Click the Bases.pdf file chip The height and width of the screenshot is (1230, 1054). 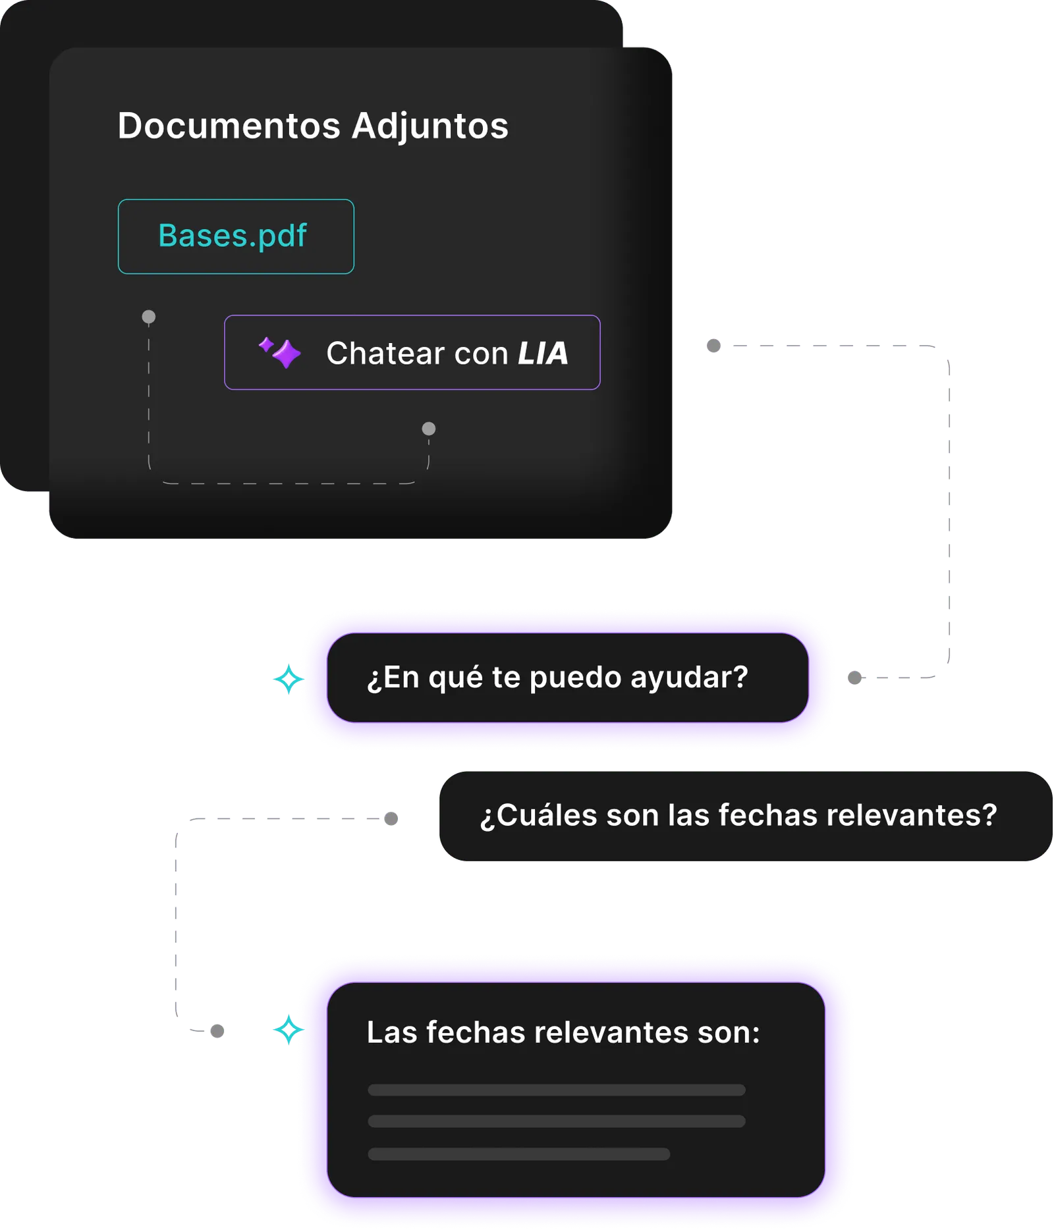(236, 236)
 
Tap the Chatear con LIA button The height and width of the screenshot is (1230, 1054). (412, 353)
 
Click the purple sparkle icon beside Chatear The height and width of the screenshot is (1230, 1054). (281, 352)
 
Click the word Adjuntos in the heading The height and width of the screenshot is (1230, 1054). (430, 126)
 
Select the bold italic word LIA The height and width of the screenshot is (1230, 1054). (543, 354)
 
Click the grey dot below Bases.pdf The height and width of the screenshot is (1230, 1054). (149, 317)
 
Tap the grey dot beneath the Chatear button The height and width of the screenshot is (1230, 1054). (429, 429)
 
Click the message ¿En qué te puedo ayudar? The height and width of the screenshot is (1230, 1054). (557, 678)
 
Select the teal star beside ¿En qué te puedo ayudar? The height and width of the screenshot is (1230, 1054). (289, 679)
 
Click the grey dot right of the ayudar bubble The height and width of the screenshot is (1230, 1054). (854, 678)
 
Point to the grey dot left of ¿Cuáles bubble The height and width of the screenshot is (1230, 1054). (391, 818)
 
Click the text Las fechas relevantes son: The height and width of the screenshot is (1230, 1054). (563, 1032)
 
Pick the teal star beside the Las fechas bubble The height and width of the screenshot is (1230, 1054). (289, 1029)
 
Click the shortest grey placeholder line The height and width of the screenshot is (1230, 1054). (519, 1154)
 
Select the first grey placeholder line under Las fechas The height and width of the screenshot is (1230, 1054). (557, 1090)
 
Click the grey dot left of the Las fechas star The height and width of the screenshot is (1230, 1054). (217, 1031)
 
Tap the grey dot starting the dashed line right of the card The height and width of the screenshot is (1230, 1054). (713, 346)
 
